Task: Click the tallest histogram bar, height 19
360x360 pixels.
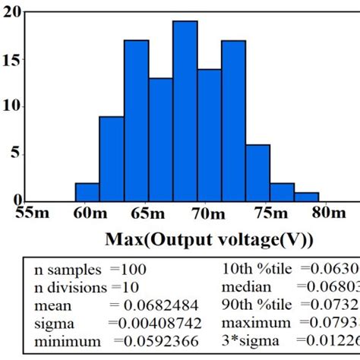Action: click(x=185, y=112)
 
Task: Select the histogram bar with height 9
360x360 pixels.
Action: click(x=111, y=159)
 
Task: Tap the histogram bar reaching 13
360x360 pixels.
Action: click(x=160, y=140)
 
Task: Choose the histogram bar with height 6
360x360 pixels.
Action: click(x=257, y=173)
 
